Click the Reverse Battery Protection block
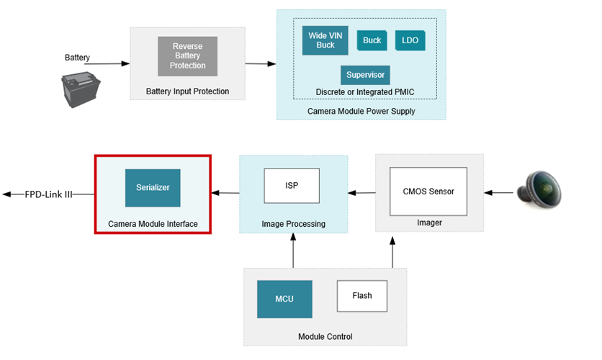click(x=187, y=56)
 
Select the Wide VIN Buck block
click(x=325, y=40)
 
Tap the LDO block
click(x=410, y=40)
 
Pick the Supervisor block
click(x=365, y=75)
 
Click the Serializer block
click(x=152, y=188)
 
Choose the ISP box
click(x=291, y=186)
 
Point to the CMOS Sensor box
click(x=428, y=192)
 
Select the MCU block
click(x=284, y=299)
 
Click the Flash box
click(x=362, y=295)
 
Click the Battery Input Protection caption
click(x=187, y=91)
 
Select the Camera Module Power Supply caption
click(x=361, y=111)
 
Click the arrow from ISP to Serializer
click(x=225, y=192)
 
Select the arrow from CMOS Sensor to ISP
click(x=361, y=192)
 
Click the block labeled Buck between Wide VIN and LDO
click(x=372, y=40)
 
